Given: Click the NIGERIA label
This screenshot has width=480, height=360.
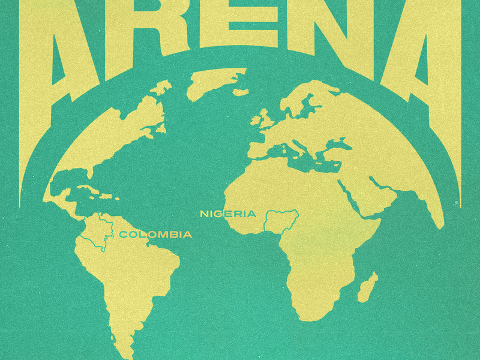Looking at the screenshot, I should [x=228, y=214].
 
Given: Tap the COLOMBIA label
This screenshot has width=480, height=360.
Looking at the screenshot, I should [x=156, y=234].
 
